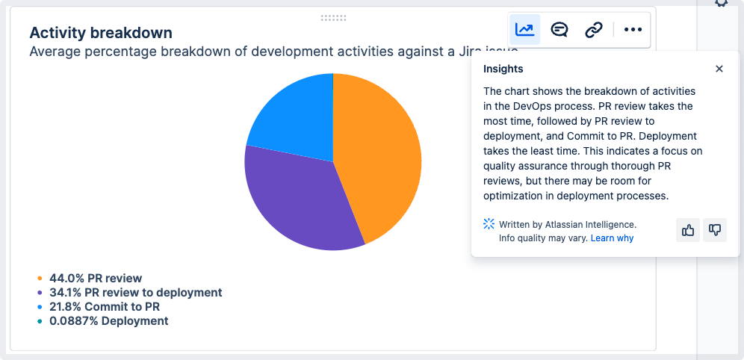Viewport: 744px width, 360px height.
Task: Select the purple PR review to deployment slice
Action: click(294, 199)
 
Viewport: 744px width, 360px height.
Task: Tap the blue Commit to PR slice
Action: click(297, 119)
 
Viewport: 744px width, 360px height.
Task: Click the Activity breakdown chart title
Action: click(101, 33)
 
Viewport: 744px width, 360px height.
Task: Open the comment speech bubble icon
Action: click(559, 29)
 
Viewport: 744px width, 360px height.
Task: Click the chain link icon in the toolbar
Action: click(594, 29)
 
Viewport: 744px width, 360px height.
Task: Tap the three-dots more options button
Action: click(633, 29)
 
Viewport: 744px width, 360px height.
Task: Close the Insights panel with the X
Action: click(719, 69)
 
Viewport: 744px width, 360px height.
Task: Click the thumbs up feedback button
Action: click(688, 230)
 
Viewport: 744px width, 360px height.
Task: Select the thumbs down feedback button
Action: click(715, 230)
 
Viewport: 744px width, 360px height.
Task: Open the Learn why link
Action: click(612, 238)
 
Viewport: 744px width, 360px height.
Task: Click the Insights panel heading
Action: click(503, 69)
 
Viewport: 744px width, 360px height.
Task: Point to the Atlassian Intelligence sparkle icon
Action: click(489, 224)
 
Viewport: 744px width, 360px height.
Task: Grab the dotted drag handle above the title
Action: click(334, 18)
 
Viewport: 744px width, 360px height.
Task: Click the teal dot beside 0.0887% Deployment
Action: click(40, 321)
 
